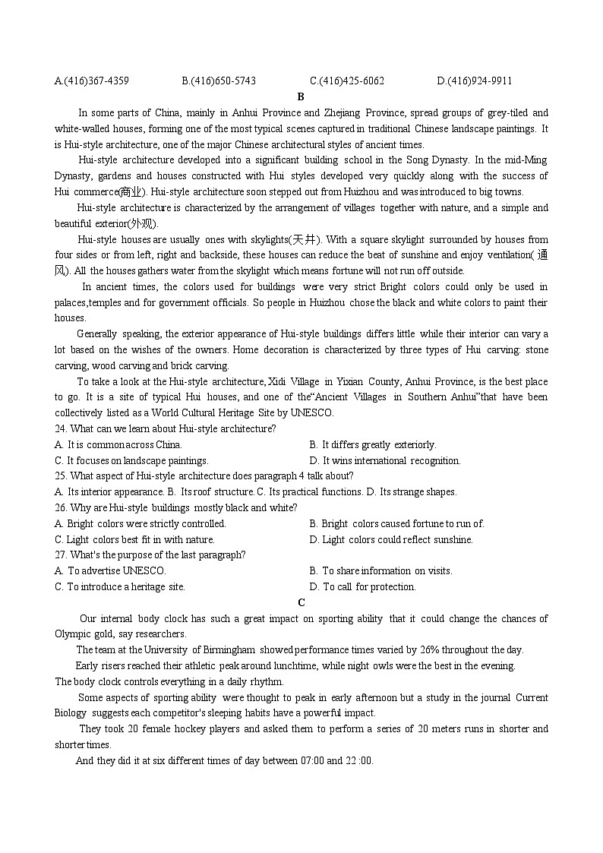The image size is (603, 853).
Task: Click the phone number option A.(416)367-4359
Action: pos(92,81)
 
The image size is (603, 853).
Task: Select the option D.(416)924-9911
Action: pos(475,81)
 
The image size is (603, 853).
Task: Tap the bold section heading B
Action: pos(301,96)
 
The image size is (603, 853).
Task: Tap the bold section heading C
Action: pos(301,602)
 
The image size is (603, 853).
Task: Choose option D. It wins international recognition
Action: pos(385,460)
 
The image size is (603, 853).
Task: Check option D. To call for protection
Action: pos(363,586)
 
